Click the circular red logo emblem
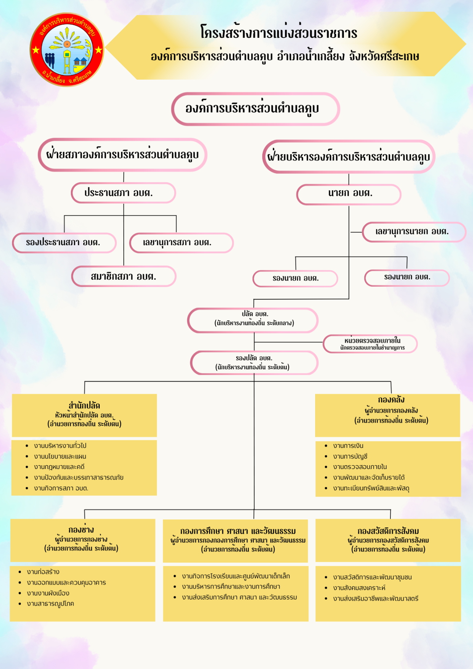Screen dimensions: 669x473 point(67,50)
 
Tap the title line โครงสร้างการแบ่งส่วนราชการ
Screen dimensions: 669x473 point(279,33)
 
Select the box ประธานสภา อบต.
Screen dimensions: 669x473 point(123,193)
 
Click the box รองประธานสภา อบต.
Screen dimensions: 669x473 point(64,243)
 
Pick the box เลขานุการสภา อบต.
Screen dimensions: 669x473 point(181,243)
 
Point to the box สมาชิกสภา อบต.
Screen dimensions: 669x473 point(124,276)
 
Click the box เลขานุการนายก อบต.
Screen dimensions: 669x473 point(414,232)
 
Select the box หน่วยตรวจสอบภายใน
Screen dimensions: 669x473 point(370,343)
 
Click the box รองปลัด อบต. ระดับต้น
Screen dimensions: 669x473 point(254,363)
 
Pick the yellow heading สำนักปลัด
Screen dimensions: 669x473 point(84,406)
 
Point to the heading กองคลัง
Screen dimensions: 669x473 point(391,400)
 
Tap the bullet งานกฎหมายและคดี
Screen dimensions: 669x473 point(59,467)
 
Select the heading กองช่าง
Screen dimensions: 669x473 point(81,530)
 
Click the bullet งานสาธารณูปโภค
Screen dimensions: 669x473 point(50,604)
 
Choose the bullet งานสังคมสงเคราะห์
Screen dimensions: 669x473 point(359,588)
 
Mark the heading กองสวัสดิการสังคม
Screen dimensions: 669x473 point(388,531)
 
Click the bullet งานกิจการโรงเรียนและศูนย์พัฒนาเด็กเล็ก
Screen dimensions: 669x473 point(236,576)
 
